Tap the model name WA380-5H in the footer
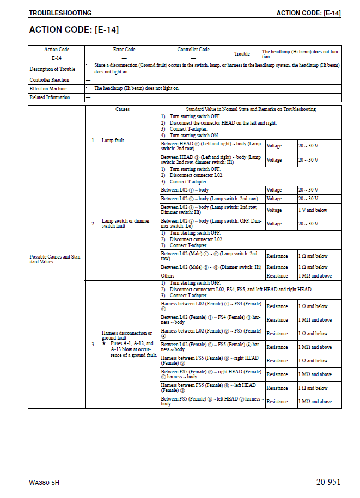pyautogui.click(x=45, y=483)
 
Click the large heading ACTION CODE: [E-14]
pyautogui.click(x=74, y=29)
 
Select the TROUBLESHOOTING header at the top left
pyautogui.click(x=60, y=13)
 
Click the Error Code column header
pyautogui.click(x=124, y=50)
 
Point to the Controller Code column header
pyautogui.click(x=193, y=50)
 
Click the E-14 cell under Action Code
pyautogui.click(x=57, y=58)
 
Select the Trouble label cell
pyautogui.click(x=242, y=54)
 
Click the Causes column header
pyautogui.click(x=123, y=109)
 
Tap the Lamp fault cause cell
pyautogui.click(x=113, y=140)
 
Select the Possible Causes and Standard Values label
pyautogui.click(x=56, y=259)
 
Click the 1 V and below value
pyautogui.click(x=313, y=210)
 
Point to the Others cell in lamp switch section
pyautogui.click(x=167, y=276)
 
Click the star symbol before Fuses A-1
pyautogui.click(x=104, y=344)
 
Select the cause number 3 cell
pyautogui.click(x=93, y=344)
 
